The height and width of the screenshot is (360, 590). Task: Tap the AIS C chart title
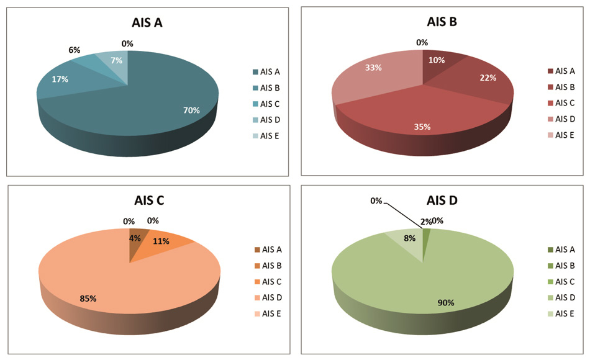[x=149, y=200]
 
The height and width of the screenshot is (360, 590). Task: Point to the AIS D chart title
[x=442, y=200]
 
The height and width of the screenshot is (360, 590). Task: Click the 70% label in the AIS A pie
[x=191, y=110]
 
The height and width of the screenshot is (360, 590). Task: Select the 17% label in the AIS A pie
[x=61, y=79]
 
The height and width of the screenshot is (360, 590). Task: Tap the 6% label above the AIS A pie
[x=75, y=50]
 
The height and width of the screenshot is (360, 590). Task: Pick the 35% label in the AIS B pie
[x=422, y=127]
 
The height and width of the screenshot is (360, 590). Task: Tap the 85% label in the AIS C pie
[x=88, y=298]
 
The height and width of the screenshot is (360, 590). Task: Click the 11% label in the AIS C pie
[x=161, y=241]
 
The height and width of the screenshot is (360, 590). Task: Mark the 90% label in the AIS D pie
[x=446, y=303]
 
